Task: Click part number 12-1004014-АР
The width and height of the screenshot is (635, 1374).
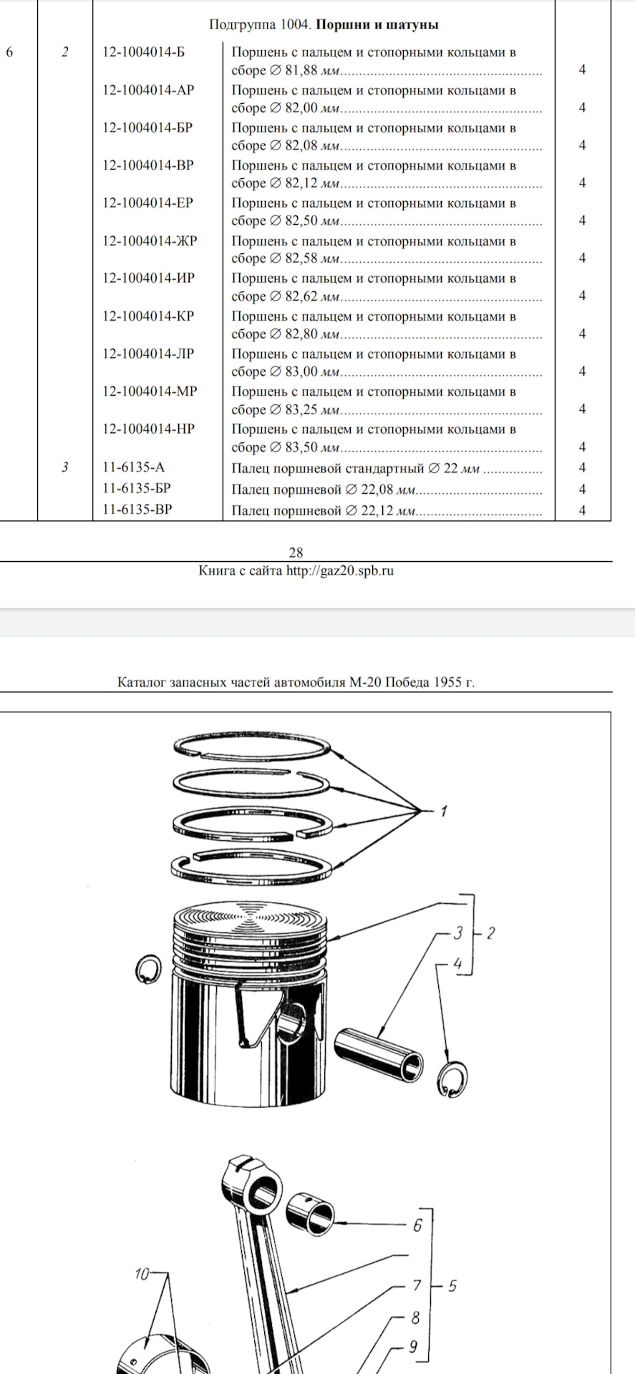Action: point(148,90)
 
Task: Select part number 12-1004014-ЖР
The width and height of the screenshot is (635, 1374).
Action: point(150,241)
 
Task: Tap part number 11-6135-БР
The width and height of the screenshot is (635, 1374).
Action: point(137,488)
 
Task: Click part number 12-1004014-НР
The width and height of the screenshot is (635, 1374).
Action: point(148,429)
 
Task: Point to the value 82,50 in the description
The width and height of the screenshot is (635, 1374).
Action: point(301,220)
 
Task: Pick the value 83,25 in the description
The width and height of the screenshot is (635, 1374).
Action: point(301,409)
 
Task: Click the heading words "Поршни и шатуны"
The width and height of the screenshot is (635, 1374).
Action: point(377,25)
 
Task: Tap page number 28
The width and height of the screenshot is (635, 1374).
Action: point(296,552)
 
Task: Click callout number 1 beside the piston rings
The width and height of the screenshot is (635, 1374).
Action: point(444,812)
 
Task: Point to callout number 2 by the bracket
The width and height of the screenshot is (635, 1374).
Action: point(490,933)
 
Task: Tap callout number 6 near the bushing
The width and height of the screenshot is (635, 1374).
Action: point(418,1224)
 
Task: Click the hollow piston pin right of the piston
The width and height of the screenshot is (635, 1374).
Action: point(378,1056)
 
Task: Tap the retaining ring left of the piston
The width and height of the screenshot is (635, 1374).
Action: point(147,969)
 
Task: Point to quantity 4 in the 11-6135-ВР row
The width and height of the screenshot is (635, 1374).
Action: point(582,510)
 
